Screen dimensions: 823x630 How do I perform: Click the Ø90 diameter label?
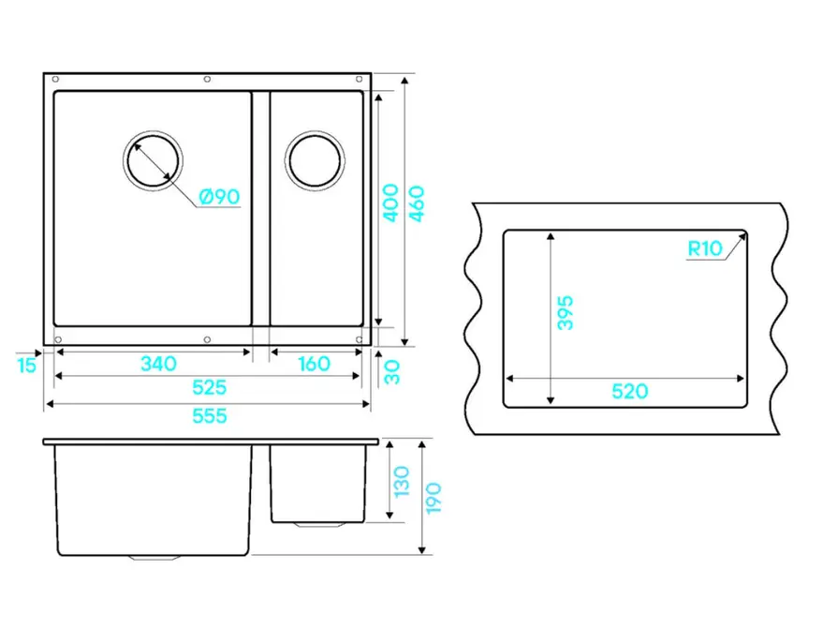pos(219,197)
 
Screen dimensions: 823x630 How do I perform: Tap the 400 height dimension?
pos(390,202)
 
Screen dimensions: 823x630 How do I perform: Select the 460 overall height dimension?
pos(417,203)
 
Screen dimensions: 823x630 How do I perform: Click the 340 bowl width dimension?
pos(158,364)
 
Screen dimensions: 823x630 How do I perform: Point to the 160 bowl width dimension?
pos(314,364)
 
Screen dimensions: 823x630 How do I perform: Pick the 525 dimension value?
pos(210,387)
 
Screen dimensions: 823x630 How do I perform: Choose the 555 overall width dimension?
pos(210,415)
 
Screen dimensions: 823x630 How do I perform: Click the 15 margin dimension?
pos(27,366)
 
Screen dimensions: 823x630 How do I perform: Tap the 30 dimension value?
pos(392,372)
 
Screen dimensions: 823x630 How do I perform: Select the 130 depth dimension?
pos(401,481)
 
